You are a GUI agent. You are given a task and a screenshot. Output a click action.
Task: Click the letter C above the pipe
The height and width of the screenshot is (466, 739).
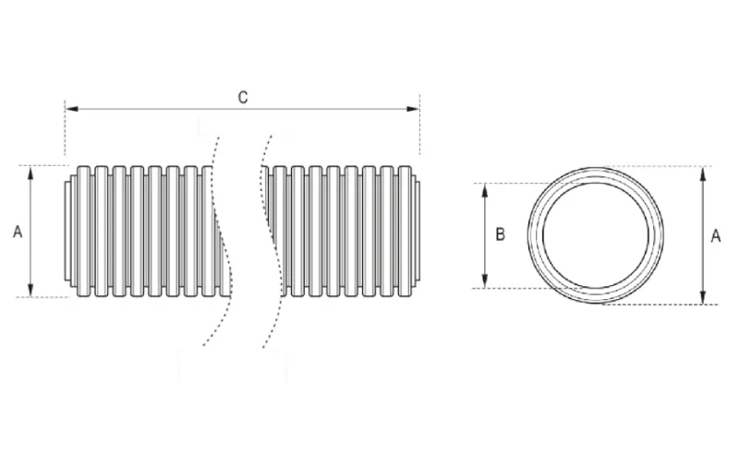coord(243,98)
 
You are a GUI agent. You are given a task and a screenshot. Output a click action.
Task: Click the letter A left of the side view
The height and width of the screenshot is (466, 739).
coord(18,232)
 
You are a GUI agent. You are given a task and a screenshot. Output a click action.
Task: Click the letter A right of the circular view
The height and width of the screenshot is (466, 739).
coord(715,236)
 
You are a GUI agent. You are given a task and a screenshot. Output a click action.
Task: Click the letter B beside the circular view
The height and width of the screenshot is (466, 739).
coord(501,234)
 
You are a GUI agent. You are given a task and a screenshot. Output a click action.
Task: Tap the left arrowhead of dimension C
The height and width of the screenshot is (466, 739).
coord(72,109)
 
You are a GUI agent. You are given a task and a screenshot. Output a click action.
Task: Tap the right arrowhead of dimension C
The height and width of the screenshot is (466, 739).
coord(413,109)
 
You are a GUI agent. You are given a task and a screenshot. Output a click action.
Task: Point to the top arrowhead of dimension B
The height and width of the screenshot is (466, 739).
coord(486,190)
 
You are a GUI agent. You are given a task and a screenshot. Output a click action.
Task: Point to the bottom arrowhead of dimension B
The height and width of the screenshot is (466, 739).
coord(486,281)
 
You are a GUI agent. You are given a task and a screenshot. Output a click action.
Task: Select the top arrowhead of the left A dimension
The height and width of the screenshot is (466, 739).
coord(30,173)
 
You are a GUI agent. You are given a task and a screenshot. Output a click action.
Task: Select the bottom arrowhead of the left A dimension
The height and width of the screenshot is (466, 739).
coord(30,290)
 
